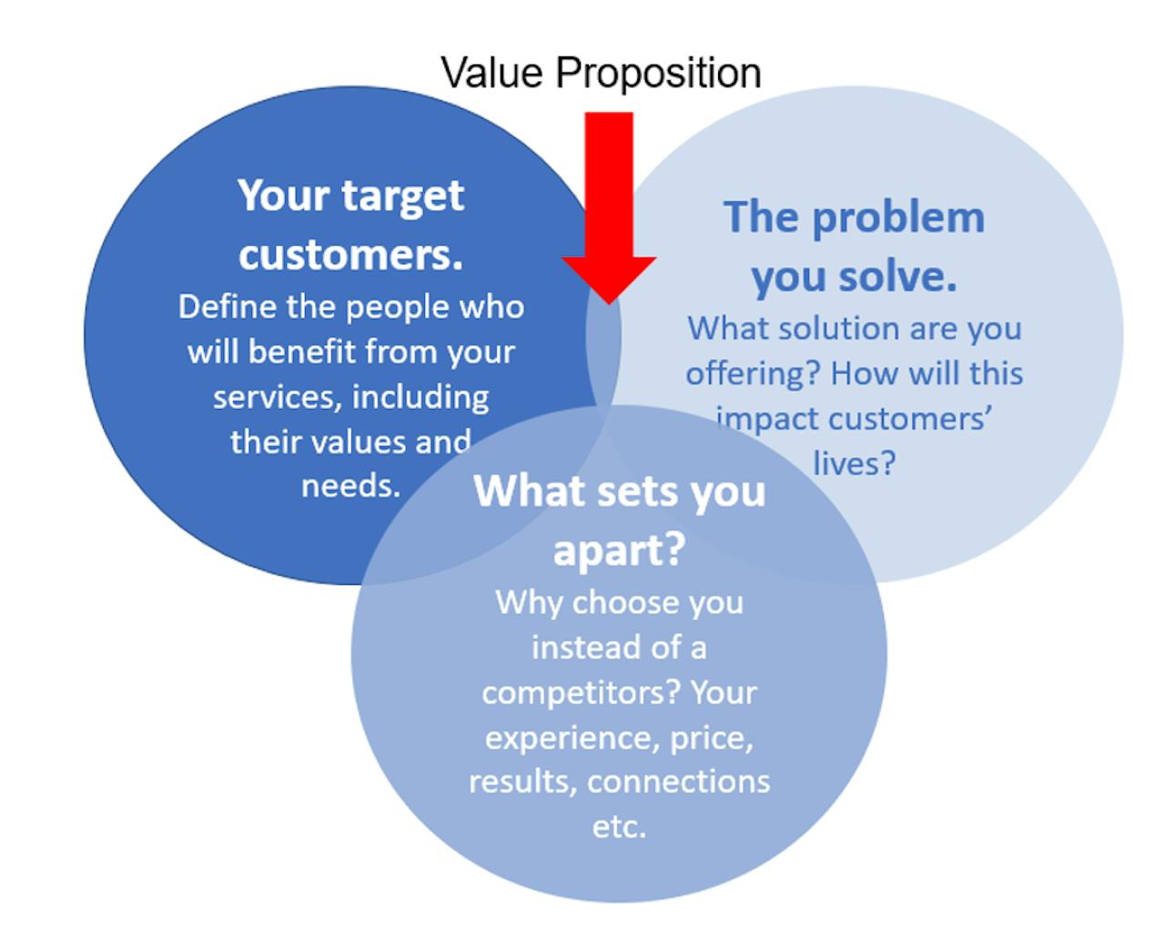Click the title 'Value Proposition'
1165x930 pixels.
coord(601,73)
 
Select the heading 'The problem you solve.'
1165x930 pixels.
coord(855,247)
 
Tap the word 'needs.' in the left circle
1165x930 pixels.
coord(350,486)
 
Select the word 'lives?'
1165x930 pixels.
coord(855,464)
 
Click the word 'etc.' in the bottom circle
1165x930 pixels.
coord(619,828)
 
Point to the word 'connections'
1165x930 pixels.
coord(678,782)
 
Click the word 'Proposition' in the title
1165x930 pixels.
coord(659,74)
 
